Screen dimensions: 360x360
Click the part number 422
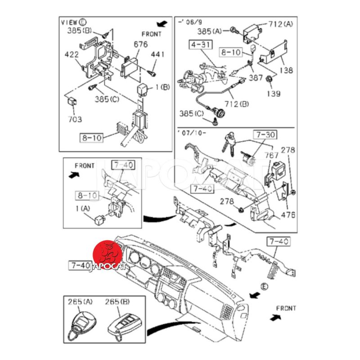[71, 54]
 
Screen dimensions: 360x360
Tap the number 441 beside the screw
[157, 55]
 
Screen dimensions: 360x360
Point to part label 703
[75, 119]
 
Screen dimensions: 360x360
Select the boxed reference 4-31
[198, 45]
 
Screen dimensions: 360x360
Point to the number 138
[285, 70]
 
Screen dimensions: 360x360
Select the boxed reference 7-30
[265, 135]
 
